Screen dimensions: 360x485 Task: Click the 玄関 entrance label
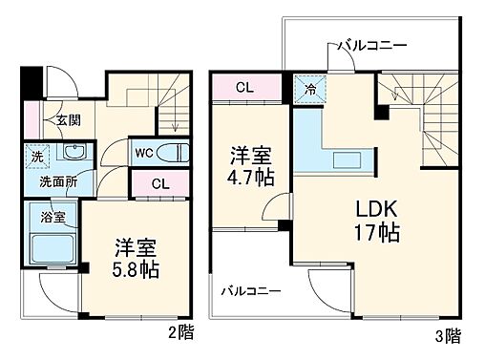click(67, 120)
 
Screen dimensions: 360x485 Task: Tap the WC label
click(144, 153)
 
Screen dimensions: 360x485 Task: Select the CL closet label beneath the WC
click(161, 184)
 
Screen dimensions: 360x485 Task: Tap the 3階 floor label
click(447, 337)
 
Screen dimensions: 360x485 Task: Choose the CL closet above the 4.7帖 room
click(245, 88)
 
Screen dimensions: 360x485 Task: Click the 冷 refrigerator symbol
click(310, 88)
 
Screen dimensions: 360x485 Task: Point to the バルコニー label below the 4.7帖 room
click(250, 290)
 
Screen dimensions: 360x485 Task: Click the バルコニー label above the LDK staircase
click(372, 45)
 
